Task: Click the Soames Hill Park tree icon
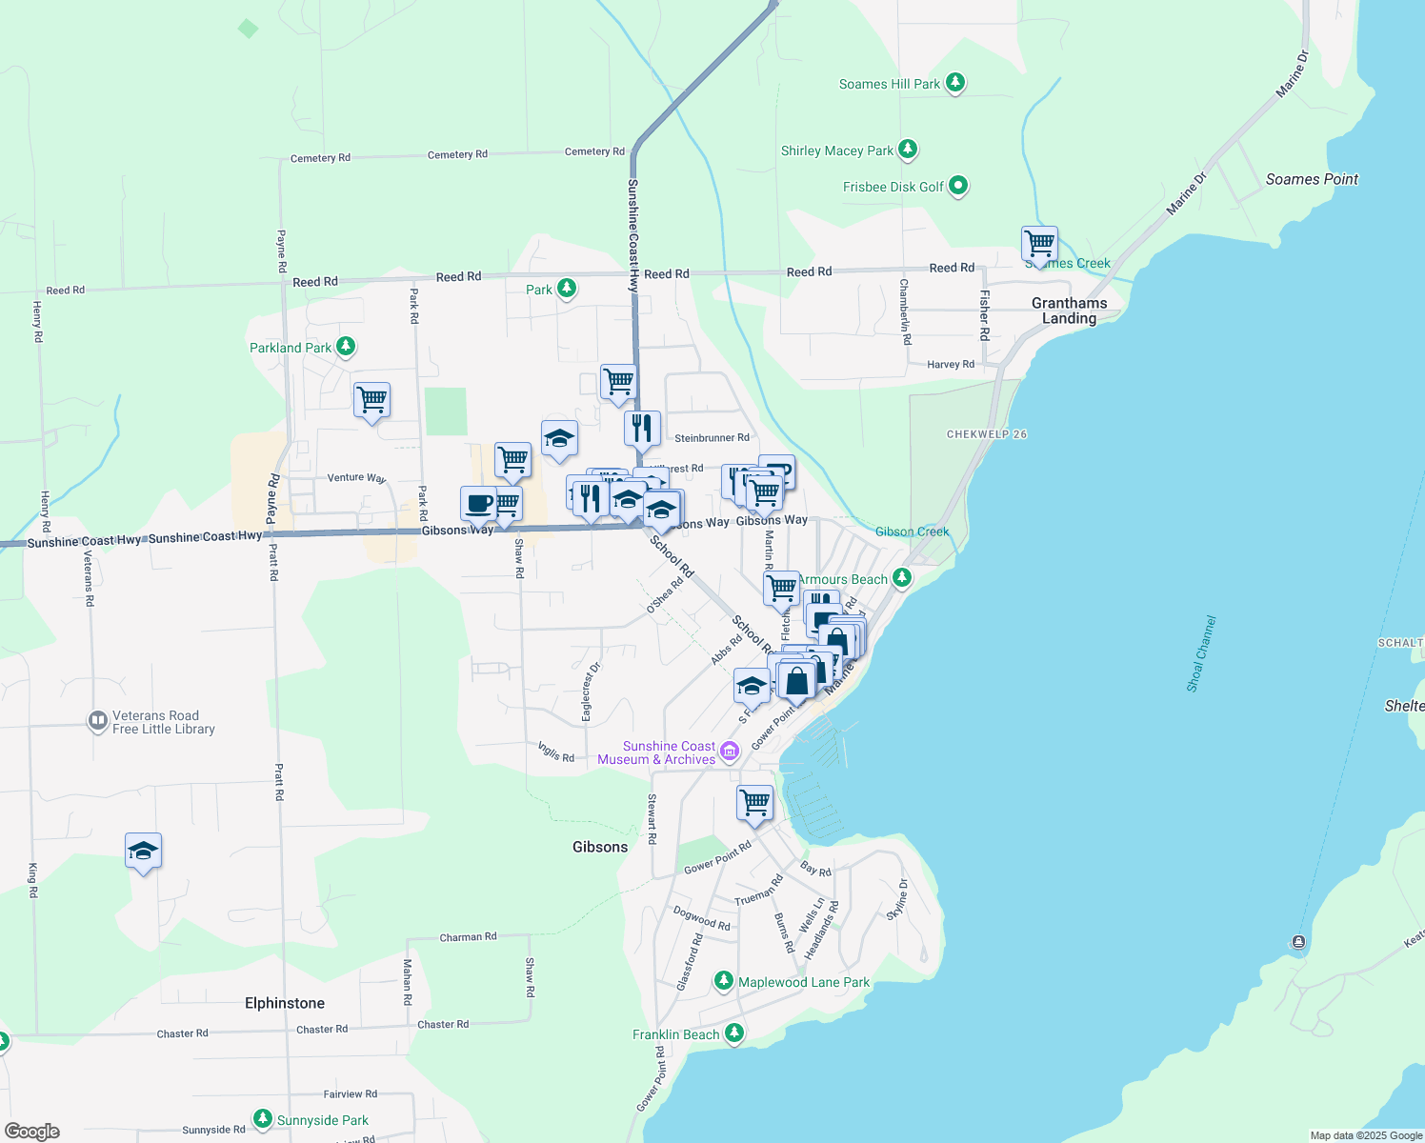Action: tap(955, 84)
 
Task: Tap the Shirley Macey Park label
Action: tap(836, 150)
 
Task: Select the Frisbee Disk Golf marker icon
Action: tap(958, 186)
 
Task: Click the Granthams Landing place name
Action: tap(1069, 311)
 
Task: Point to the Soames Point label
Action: tap(1312, 179)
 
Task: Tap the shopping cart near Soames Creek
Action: tap(1039, 244)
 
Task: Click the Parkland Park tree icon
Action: tap(346, 348)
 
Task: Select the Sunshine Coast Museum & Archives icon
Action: tap(730, 752)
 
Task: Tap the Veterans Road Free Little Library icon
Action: tap(97, 721)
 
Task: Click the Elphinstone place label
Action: tap(285, 1003)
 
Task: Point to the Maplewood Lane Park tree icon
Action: tap(724, 981)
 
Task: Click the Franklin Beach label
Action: tap(676, 1034)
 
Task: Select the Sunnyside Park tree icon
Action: tap(263, 1119)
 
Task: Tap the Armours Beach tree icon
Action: tap(902, 577)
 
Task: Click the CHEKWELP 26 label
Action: tap(987, 434)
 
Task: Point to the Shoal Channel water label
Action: tap(1201, 653)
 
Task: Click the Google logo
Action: tap(32, 1132)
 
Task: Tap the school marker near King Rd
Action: tap(143, 851)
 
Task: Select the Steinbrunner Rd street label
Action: tap(712, 438)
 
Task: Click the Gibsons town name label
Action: tap(600, 847)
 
